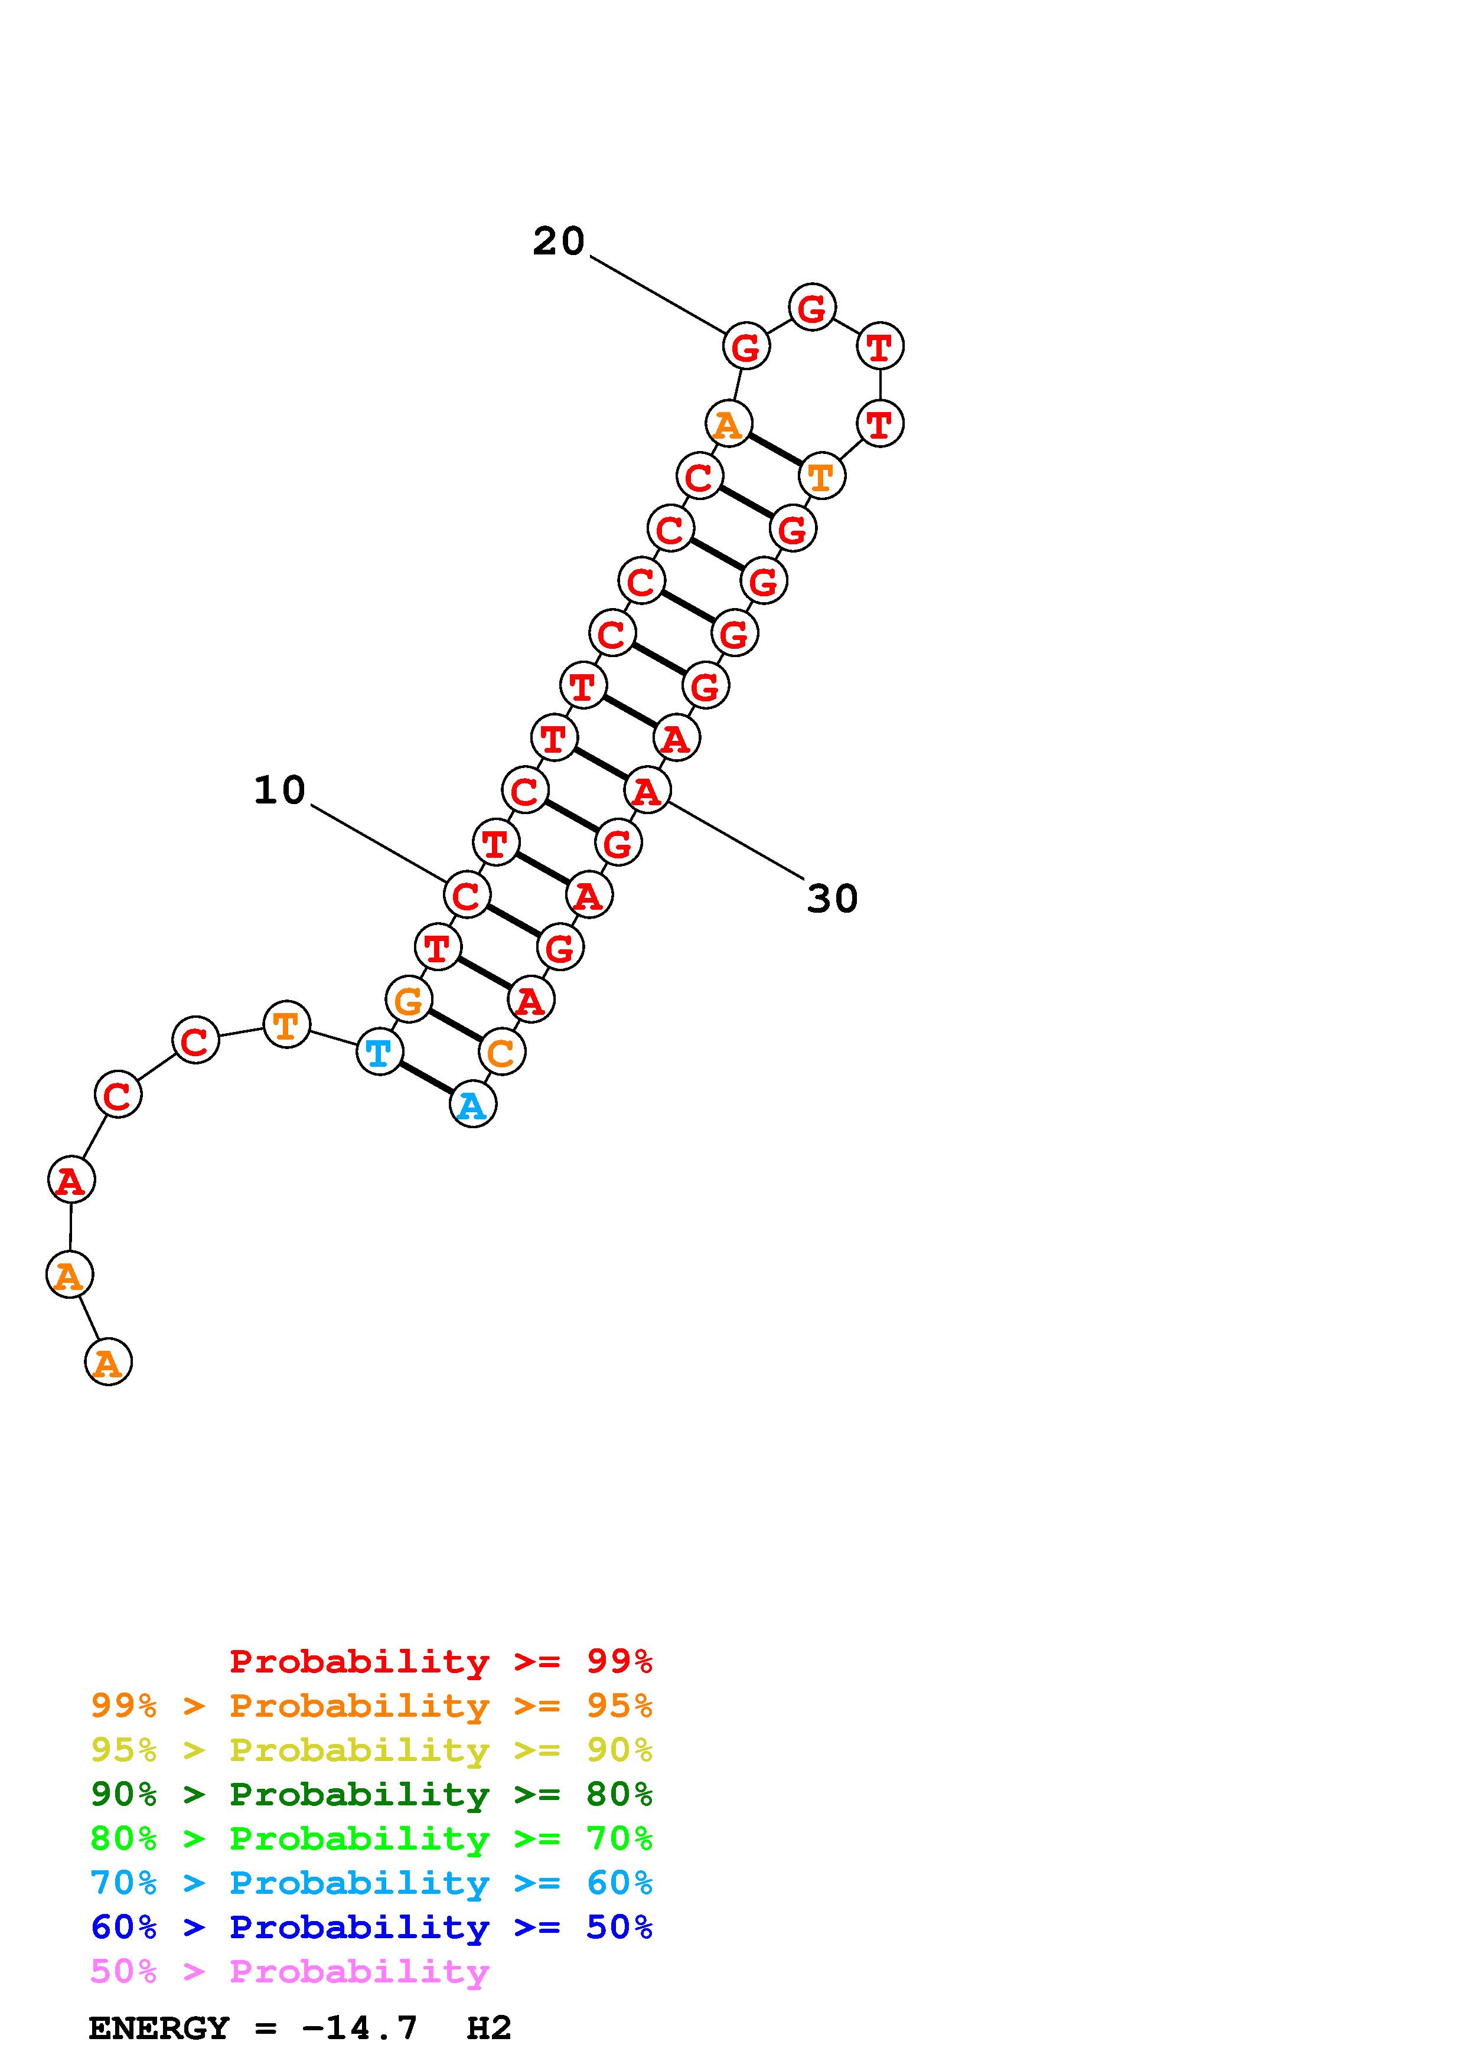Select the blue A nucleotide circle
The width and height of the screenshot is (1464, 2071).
472,1105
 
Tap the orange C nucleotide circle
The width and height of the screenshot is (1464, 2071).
501,1052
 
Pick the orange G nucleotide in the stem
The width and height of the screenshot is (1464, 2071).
409,999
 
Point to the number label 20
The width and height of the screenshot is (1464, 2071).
558,241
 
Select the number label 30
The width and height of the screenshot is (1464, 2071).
832,899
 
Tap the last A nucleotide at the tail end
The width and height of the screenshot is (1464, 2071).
108,1361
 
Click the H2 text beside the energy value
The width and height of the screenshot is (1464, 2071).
489,2028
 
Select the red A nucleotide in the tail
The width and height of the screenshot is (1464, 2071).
70,1180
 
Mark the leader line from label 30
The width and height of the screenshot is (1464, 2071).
735,839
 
